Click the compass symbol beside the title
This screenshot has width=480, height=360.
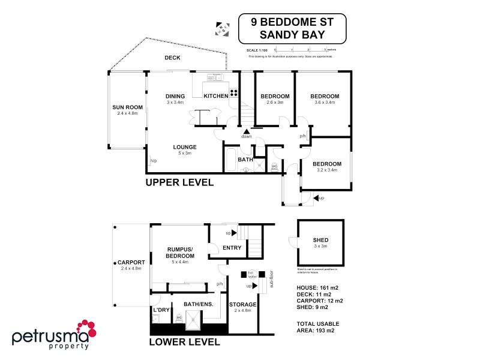point(222,28)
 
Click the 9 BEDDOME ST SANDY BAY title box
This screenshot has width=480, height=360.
point(292,28)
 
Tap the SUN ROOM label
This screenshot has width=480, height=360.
point(125,108)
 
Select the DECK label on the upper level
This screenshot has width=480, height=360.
point(173,58)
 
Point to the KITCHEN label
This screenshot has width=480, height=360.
point(215,96)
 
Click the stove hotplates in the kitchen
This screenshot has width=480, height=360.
point(233,93)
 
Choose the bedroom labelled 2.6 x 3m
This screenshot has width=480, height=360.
point(275,99)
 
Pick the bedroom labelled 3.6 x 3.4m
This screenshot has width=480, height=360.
point(325,99)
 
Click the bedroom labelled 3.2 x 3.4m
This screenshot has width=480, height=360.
point(327,166)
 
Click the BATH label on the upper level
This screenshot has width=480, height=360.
point(245,160)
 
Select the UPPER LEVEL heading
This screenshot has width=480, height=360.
point(180,182)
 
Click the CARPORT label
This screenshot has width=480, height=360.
point(131,263)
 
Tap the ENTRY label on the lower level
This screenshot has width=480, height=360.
point(232,248)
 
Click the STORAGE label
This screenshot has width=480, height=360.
point(243,305)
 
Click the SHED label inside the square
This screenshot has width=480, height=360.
point(320,240)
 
